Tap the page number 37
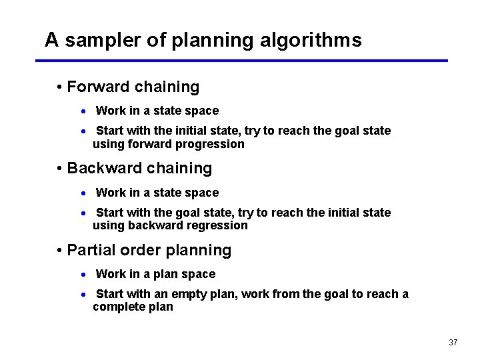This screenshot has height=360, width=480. coord(453,343)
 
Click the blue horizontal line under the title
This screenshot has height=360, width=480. coord(241,61)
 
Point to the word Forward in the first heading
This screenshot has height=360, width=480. coord(99,87)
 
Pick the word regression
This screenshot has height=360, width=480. coord(215,225)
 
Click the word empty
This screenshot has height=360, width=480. coord(194,294)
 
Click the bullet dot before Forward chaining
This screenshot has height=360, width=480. coord(60,87)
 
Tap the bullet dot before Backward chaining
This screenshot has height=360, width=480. coord(60,169)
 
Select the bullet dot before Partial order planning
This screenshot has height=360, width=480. coord(60,251)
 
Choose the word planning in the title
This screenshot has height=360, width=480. coord(213,41)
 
